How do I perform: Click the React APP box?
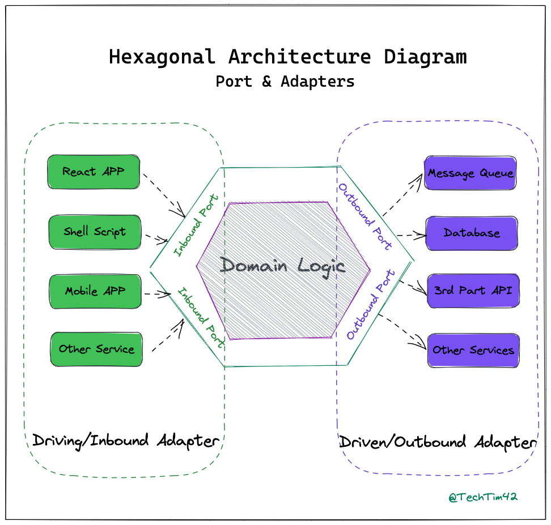94,172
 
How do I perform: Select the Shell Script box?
95,232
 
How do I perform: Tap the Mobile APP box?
95,292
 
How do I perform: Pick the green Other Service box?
96,349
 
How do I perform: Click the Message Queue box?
470,173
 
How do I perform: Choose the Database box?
471,233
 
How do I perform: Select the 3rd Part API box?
472,291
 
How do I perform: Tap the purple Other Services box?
473,351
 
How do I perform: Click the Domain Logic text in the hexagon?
282,265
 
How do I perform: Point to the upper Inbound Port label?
196,225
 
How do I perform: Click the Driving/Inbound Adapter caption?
125,441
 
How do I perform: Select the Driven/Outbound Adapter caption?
437,442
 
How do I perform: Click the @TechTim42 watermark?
482,497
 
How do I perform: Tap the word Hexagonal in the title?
162,57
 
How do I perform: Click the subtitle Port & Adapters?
285,82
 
